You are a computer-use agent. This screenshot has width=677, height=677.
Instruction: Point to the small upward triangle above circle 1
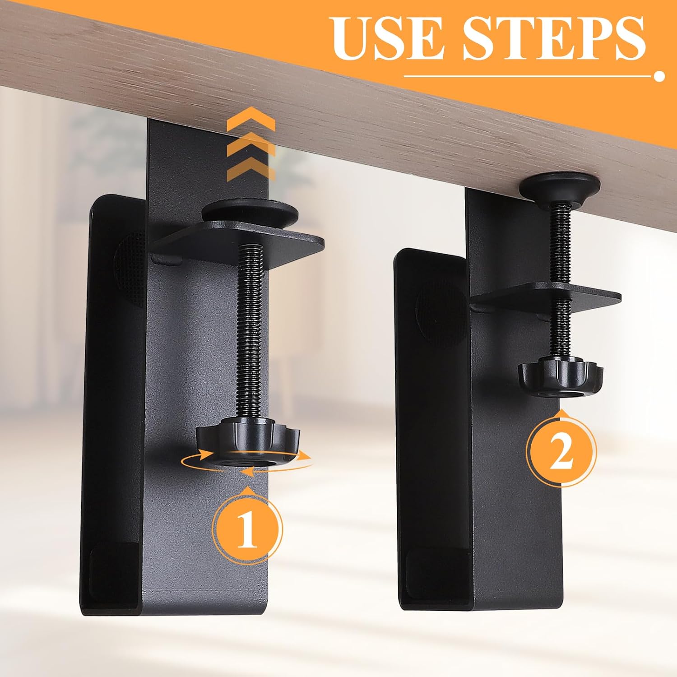[248, 489]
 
